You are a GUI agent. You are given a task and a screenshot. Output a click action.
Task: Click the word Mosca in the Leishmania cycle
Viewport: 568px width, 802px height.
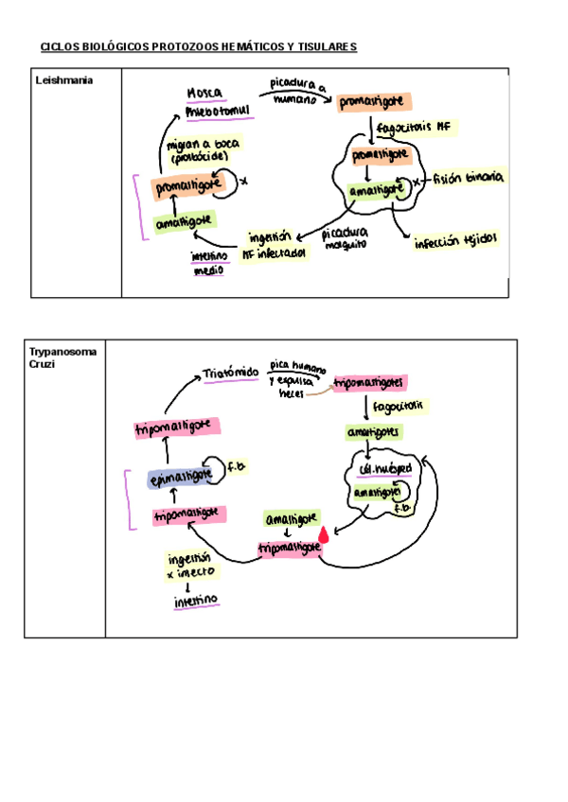click(x=204, y=94)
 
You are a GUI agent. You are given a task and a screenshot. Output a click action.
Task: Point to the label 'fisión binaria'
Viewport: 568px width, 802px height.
click(x=469, y=178)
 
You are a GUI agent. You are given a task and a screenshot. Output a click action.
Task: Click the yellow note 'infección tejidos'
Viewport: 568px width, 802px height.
click(x=455, y=242)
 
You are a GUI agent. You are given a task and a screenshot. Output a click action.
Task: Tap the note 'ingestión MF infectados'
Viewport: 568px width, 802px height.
click(x=275, y=246)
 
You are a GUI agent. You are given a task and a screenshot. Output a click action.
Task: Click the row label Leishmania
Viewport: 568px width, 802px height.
click(x=64, y=81)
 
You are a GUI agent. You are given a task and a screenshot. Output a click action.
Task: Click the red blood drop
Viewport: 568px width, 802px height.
click(x=324, y=535)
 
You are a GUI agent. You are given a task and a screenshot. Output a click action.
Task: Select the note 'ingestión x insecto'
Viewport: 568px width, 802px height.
click(x=191, y=566)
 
